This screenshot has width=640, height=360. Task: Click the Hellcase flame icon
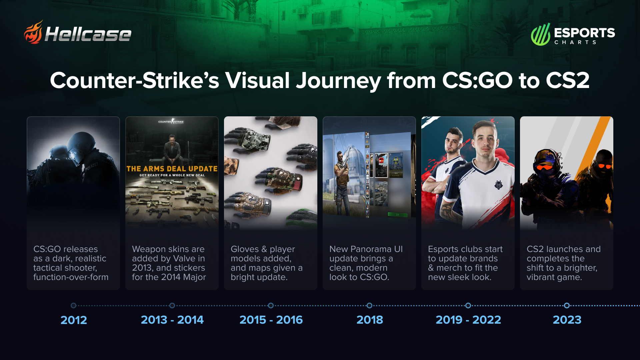coord(33,32)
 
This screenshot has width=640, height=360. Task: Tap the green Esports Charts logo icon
coord(540,34)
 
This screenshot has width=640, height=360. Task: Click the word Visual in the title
coord(257,80)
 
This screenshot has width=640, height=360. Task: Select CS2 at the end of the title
coord(567,80)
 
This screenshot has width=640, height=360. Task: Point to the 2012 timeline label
coord(74,320)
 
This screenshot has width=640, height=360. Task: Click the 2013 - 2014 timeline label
coord(172,320)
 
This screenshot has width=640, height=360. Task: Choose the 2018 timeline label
coord(370,320)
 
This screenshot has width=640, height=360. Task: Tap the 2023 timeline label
coord(567,320)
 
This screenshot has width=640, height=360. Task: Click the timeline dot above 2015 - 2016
coord(271,305)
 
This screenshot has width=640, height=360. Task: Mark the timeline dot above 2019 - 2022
coord(468,305)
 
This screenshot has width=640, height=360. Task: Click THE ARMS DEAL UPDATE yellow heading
coord(172,169)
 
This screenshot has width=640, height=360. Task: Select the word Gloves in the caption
coord(245,249)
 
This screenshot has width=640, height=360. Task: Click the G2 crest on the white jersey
coord(499,184)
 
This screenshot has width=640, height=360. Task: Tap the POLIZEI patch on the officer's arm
coord(91,166)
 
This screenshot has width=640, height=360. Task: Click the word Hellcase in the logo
coord(88,34)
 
